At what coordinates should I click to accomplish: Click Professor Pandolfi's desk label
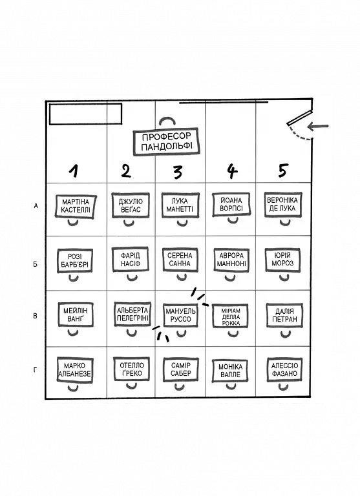(166, 141)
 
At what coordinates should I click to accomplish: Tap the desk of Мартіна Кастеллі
(76, 206)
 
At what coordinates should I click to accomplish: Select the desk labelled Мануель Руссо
(180, 315)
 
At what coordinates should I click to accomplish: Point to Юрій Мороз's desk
(282, 260)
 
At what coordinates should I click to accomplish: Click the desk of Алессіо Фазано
(284, 369)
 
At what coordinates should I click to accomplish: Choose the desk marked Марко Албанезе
(75, 370)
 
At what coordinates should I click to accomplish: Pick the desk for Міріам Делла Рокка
(231, 316)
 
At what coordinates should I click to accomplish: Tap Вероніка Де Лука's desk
(282, 204)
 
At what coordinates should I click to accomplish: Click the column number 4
(232, 171)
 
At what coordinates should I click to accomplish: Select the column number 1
(74, 170)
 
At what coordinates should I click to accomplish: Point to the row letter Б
(36, 264)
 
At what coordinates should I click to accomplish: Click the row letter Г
(35, 369)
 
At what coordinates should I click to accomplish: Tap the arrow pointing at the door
(318, 126)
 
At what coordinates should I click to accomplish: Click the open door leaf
(299, 118)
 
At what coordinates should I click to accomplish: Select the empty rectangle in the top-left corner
(85, 114)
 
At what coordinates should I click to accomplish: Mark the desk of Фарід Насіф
(130, 260)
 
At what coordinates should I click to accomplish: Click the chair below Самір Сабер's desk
(180, 386)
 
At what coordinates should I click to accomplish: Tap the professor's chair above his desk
(167, 121)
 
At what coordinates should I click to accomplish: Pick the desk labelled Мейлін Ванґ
(76, 315)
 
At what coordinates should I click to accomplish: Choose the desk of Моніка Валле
(230, 371)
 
